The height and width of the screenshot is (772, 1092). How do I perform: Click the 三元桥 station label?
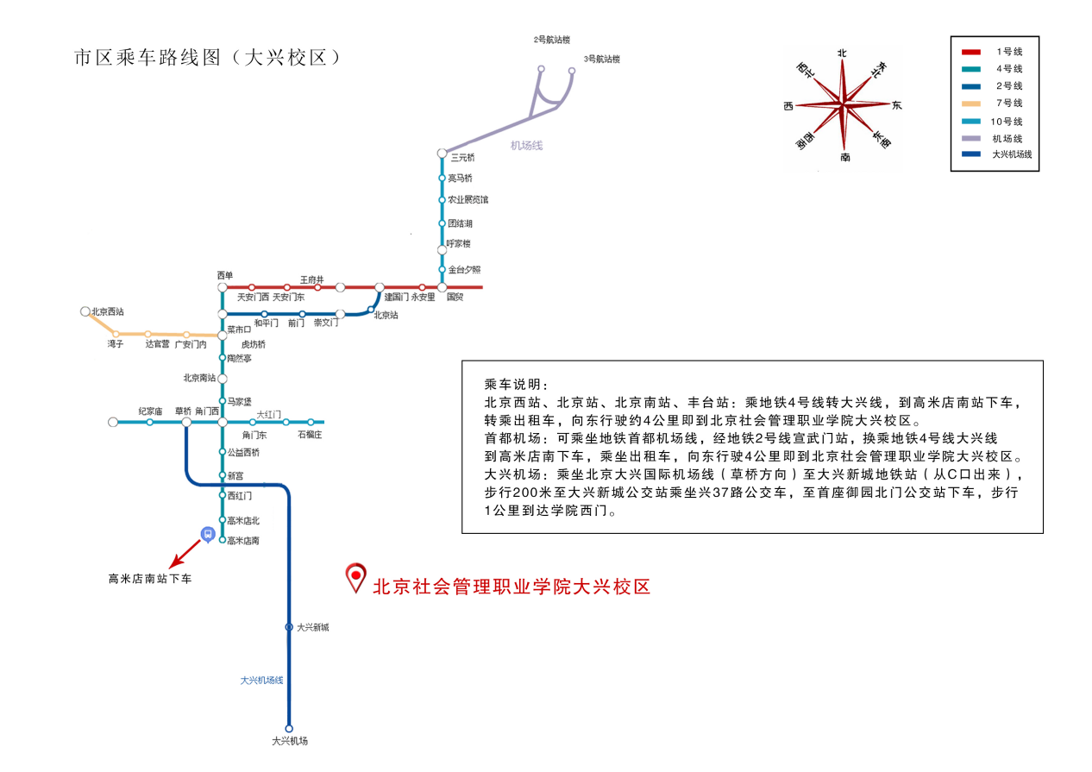click(x=463, y=157)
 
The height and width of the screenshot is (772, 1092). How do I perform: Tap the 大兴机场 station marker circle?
click(x=289, y=728)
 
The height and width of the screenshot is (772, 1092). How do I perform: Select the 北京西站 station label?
click(x=108, y=311)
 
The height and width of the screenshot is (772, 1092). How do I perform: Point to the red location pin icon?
click(x=355, y=577)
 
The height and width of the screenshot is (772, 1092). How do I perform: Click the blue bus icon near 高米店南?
click(x=207, y=534)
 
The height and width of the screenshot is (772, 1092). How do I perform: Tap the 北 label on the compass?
click(x=843, y=53)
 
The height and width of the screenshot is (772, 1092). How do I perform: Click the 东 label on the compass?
click(x=897, y=105)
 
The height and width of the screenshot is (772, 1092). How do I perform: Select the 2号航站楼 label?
click(x=552, y=40)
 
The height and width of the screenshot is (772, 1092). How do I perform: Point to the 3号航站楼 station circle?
click(x=571, y=72)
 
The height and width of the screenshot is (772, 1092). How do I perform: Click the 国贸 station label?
click(x=455, y=298)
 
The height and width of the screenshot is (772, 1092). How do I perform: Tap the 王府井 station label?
click(x=312, y=279)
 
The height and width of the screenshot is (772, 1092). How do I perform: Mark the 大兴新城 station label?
click(x=312, y=627)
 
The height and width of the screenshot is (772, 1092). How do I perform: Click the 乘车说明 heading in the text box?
click(x=516, y=384)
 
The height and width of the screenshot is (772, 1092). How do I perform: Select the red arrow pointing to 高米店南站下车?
click(x=185, y=554)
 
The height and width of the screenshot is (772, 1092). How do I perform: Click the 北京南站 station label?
click(x=199, y=377)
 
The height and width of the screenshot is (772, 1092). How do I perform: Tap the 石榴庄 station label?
click(x=309, y=434)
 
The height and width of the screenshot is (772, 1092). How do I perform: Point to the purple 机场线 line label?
click(x=526, y=145)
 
